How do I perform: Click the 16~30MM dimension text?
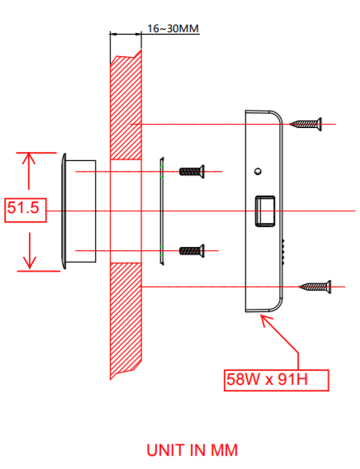173,28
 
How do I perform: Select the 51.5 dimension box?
23,210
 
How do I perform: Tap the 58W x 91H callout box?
276,381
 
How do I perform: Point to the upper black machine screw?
191,172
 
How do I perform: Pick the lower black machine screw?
191,249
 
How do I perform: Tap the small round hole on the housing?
258,172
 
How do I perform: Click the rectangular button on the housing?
263,211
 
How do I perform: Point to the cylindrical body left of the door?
81,210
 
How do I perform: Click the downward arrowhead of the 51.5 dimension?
30,263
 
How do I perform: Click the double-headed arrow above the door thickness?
126,34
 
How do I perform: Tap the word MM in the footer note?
222,450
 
